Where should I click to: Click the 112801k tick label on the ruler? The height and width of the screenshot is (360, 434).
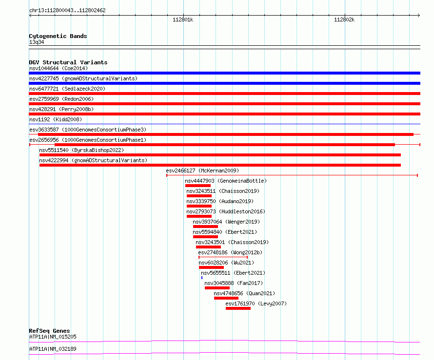(x=183, y=19)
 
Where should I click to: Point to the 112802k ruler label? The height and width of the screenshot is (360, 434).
(x=344, y=19)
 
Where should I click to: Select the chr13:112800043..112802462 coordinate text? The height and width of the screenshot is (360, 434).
(x=67, y=11)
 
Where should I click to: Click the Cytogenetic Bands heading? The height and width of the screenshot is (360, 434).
(x=58, y=36)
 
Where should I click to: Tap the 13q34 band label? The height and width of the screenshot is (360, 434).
(x=37, y=42)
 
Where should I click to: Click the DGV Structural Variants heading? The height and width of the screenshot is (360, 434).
(x=68, y=62)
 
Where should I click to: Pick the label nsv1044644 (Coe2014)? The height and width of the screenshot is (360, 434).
(x=59, y=68)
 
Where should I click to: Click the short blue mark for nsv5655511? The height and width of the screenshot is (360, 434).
(x=202, y=278)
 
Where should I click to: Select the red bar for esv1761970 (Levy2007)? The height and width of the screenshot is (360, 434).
(x=238, y=308)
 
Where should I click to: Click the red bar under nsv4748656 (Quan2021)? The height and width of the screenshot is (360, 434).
(x=226, y=298)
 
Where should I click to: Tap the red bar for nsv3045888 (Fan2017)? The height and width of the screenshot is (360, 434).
(x=217, y=288)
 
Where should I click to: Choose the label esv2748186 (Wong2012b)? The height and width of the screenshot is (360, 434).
(x=230, y=252)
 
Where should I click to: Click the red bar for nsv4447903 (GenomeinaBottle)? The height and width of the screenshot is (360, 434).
(x=198, y=186)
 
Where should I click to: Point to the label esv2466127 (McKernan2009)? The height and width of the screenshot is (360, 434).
(x=202, y=171)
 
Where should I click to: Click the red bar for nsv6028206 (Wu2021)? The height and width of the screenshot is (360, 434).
(x=211, y=267)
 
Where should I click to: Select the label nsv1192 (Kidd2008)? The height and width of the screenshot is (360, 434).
(x=56, y=119)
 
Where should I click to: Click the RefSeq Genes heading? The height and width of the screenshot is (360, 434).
(x=50, y=331)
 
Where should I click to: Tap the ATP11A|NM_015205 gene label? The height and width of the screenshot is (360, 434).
(x=53, y=337)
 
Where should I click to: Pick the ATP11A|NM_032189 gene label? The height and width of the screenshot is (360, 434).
(x=53, y=349)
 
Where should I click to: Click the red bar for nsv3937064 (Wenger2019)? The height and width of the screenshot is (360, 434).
(x=205, y=227)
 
